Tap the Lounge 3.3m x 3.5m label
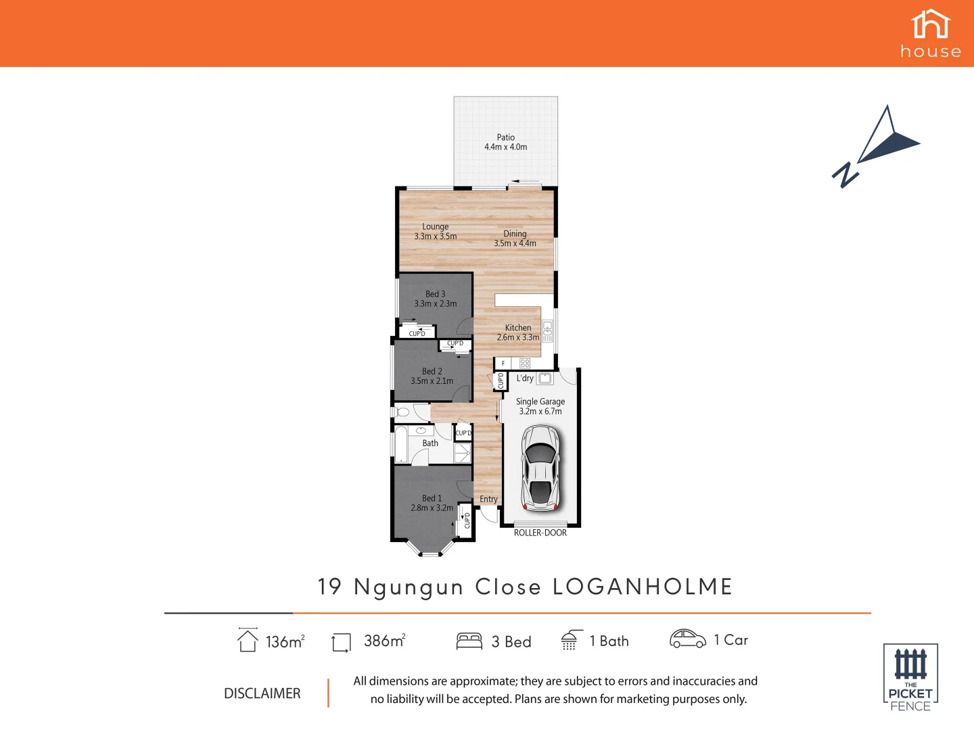[435, 232]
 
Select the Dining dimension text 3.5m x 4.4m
[515, 243]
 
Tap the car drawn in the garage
[540, 468]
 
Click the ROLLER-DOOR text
[540, 533]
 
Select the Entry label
[488, 500]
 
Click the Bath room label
[430, 443]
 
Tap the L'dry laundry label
[525, 379]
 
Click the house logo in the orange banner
[931, 34]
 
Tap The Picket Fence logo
[910, 677]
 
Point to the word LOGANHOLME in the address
[643, 587]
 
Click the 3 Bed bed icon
[469, 641]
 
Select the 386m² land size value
[384, 641]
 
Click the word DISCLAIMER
[262, 693]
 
